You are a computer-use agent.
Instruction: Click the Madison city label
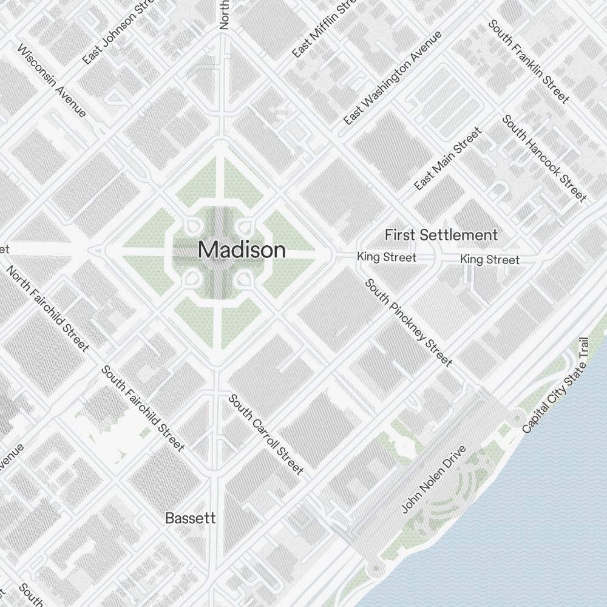coord(242,250)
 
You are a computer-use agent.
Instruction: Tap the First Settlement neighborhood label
coord(441,235)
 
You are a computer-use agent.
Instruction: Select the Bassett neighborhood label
coord(191,518)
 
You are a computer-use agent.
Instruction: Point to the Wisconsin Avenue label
coord(52,81)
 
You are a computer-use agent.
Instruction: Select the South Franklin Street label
coord(529,61)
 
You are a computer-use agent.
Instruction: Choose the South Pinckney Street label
coord(408,323)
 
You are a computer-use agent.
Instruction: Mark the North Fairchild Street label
coord(47,308)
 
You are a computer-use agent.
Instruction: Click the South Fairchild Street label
coord(143,408)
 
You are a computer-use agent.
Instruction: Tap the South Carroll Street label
coord(265,434)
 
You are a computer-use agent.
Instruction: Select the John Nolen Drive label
coord(434,479)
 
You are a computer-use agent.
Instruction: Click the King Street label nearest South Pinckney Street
coord(387,257)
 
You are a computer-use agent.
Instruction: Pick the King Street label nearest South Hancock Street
coord(490,260)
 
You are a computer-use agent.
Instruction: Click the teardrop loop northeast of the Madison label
coord(244,228)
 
